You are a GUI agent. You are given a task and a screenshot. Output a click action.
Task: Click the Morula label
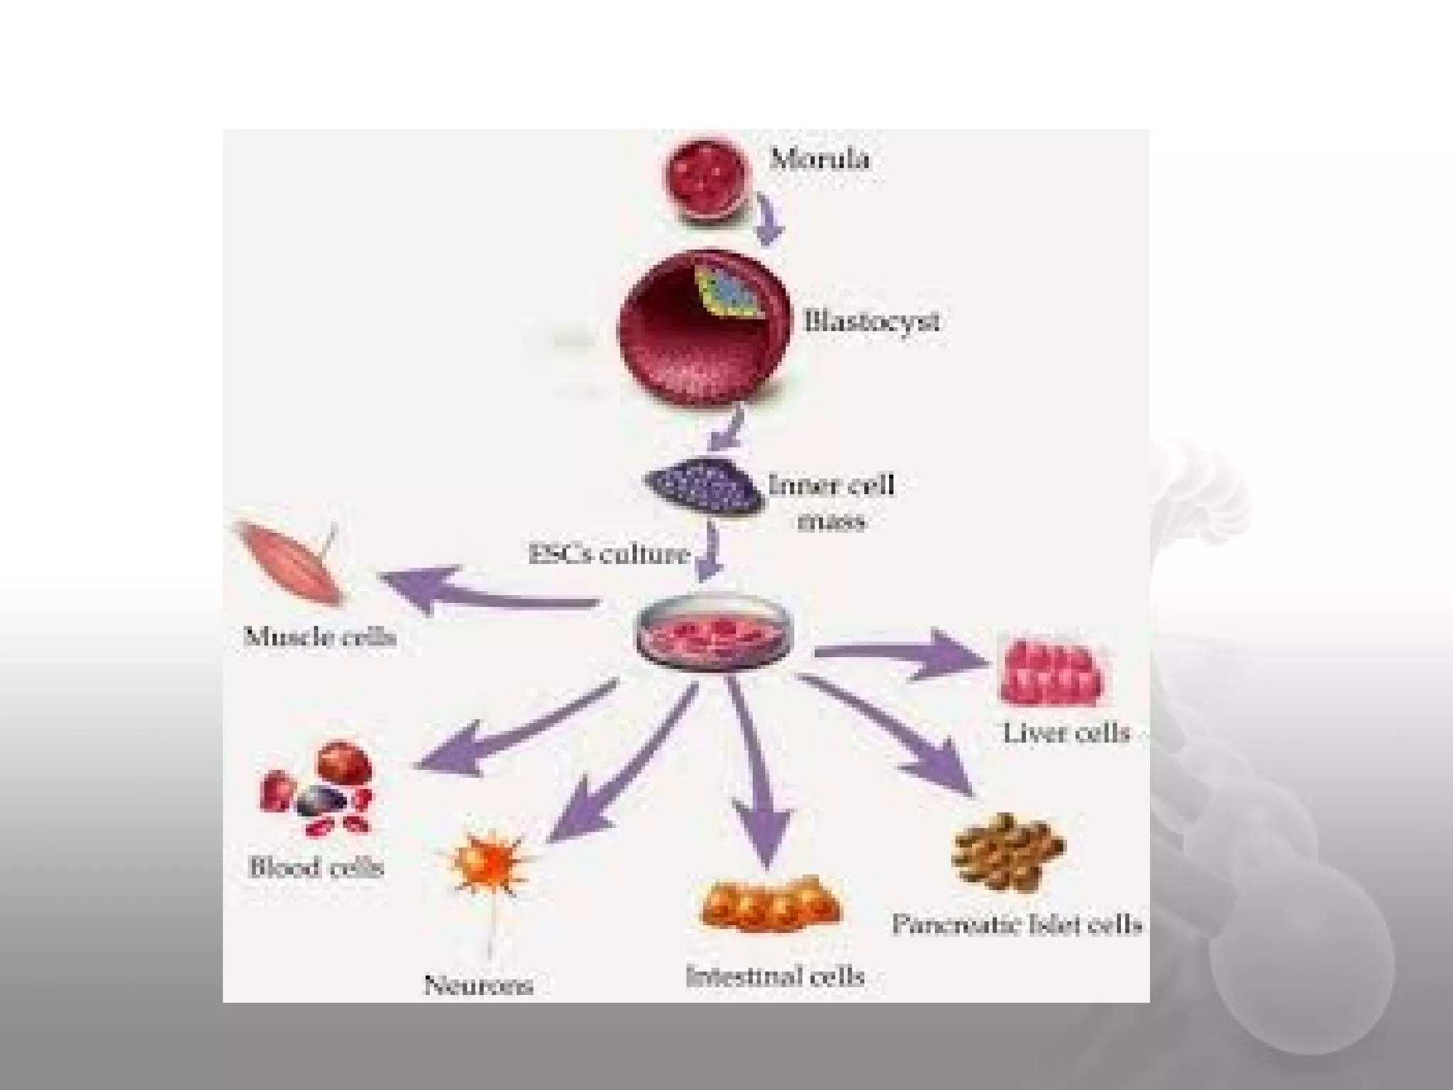[x=819, y=159]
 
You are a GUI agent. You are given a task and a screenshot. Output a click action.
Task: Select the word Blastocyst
[x=872, y=321]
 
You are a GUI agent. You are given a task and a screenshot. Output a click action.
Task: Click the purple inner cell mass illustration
[x=705, y=485]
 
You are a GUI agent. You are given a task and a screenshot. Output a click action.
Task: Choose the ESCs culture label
[x=609, y=554]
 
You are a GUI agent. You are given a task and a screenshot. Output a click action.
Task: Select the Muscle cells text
[x=319, y=636]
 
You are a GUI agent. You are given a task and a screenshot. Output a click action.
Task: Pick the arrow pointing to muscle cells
[x=482, y=591]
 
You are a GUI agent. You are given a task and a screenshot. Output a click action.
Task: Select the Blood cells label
[x=316, y=867]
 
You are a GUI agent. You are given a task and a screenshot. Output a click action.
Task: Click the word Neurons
[x=478, y=984]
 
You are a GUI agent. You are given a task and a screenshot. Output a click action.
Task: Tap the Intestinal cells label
[x=775, y=976]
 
